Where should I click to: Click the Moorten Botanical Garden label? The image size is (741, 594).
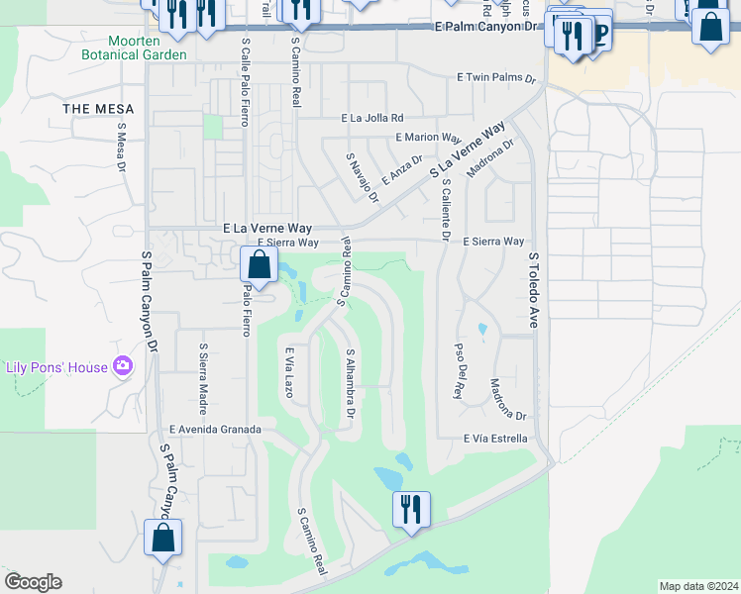[148, 48]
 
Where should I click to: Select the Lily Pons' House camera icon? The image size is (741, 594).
[123, 367]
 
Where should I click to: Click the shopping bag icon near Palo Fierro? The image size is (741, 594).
[259, 265]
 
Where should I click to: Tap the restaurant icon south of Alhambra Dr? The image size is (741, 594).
[411, 509]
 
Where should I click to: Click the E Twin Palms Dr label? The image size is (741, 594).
[495, 77]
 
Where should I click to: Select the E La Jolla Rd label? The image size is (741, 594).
[372, 118]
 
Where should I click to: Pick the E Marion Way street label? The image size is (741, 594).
[428, 138]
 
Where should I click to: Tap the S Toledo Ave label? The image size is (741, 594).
[532, 289]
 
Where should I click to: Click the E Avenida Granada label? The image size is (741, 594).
[215, 430]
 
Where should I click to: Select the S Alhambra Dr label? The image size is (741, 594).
[350, 381]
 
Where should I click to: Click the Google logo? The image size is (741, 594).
[33, 582]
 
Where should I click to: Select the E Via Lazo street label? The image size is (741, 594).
[289, 373]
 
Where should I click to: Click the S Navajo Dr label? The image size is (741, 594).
[363, 178]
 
